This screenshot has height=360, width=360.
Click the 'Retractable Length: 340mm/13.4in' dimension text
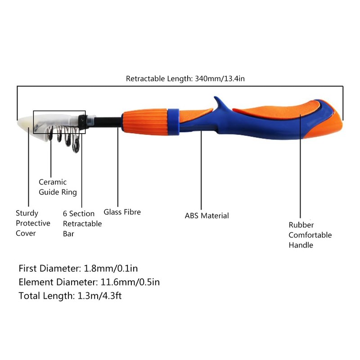click(x=185, y=79)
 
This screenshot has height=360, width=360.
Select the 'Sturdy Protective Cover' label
click(x=33, y=223)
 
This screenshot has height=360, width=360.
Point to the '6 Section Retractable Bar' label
click(x=82, y=224)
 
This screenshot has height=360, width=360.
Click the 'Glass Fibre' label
click(x=122, y=211)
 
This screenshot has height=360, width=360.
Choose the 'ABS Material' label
click(x=207, y=216)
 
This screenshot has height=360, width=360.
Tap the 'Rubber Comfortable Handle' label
click(x=310, y=235)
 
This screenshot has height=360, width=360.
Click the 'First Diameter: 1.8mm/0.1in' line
click(x=78, y=269)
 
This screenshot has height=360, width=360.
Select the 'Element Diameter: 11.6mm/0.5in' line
click(x=89, y=282)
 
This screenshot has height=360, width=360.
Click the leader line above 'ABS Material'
click(x=201, y=171)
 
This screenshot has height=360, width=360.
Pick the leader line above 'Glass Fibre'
click(x=118, y=166)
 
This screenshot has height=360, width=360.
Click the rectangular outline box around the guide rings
click(x=59, y=111)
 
